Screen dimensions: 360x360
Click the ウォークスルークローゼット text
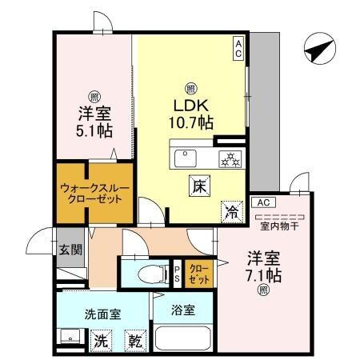(90, 193)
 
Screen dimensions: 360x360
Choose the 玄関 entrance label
(70, 249)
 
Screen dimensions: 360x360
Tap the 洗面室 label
(102, 314)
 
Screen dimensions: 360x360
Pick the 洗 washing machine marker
(100, 339)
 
